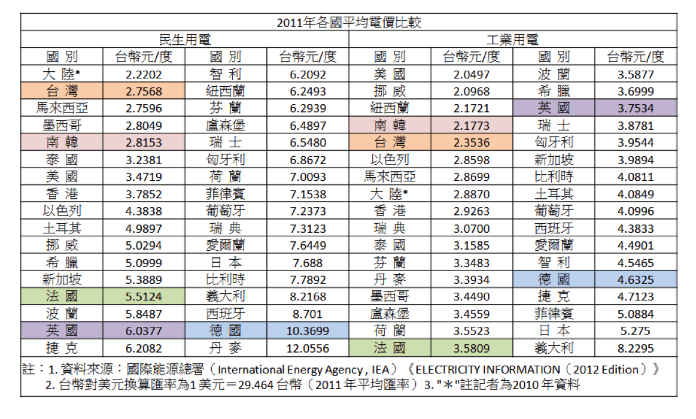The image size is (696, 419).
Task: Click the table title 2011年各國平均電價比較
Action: pos(349,22)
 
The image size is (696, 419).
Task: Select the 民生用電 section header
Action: pos(184,40)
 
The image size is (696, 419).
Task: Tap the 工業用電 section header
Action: pos(512,40)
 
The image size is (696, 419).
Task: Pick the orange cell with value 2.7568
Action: pos(144,91)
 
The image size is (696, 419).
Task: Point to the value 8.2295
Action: pos(636,348)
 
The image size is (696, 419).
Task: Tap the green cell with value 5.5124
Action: pos(144,296)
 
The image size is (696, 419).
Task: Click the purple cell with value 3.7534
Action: pos(636,108)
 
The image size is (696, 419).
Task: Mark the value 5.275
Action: pos(636,330)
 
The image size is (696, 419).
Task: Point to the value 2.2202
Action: pos(144,74)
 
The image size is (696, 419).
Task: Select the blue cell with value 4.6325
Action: pos(636,280)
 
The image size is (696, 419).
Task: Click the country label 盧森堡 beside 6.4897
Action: pos(226,126)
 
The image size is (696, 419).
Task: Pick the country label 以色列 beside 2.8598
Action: pos(390,160)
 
